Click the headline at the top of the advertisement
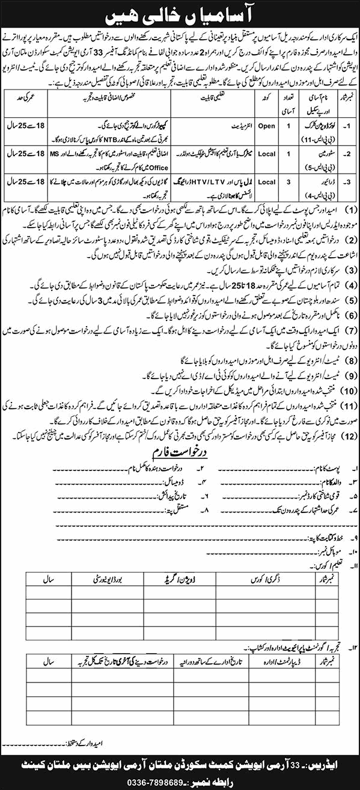point(180,11)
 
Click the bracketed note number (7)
point(348,330)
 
